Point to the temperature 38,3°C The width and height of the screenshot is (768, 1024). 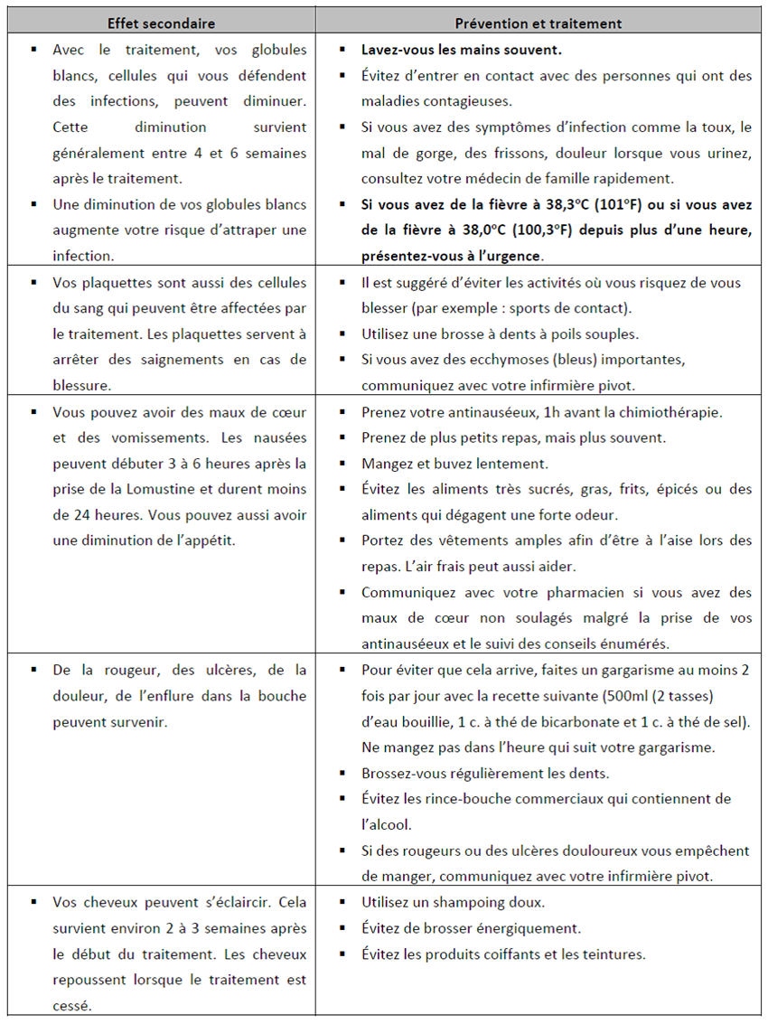(x=578, y=205)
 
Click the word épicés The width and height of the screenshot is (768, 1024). (x=672, y=489)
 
